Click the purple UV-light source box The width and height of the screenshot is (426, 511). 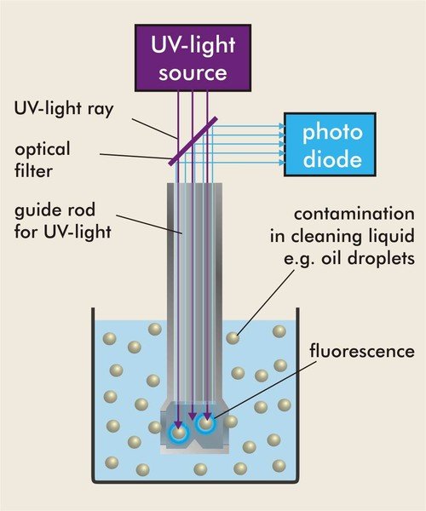[193, 58]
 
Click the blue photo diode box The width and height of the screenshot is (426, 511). [330, 145]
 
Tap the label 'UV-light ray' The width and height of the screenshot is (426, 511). [64, 108]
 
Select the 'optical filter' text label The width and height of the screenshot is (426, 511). [42, 160]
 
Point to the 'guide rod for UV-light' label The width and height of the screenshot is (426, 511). [62, 221]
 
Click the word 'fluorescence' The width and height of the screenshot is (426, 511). [362, 351]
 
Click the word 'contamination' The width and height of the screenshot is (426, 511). [354, 214]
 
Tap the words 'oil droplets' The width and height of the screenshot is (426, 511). [368, 258]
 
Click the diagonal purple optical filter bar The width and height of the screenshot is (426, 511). [193, 141]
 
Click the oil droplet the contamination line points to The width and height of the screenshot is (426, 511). [233, 338]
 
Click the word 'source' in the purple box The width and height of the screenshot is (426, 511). [193, 73]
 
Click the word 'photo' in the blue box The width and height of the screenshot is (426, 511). [332, 133]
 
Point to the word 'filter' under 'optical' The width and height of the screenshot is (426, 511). [33, 171]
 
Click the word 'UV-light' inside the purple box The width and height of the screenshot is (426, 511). [193, 44]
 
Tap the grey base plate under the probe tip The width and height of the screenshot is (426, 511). [195, 450]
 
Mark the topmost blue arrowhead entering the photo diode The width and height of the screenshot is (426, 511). [282, 126]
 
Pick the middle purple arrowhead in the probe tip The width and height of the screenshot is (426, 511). [193, 416]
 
